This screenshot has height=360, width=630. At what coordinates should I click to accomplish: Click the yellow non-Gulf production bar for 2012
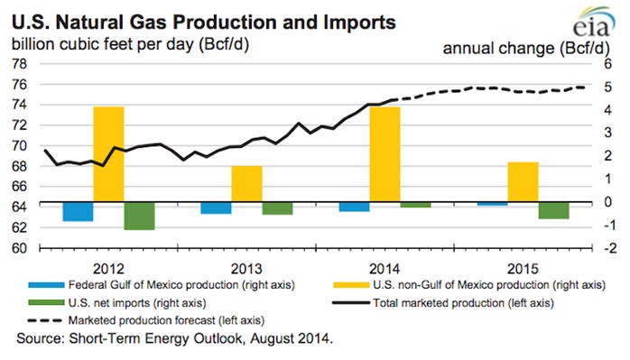pos(109,154)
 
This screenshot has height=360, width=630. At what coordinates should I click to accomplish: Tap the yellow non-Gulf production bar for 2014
pos(384,154)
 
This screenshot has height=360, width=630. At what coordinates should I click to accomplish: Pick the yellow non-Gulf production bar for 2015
pos(523,182)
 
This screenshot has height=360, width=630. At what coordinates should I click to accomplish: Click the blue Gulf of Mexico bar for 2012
pos(78,210)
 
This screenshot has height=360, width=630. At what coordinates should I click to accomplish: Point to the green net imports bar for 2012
pos(139,216)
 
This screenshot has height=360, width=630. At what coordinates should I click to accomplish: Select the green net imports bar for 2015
pos(553,210)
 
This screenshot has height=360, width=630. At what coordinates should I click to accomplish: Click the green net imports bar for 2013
pos(277,208)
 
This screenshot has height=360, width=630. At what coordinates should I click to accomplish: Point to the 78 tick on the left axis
pos(18,64)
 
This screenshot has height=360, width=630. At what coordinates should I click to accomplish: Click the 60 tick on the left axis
pos(18,248)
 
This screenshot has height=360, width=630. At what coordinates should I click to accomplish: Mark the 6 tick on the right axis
pos(609,64)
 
